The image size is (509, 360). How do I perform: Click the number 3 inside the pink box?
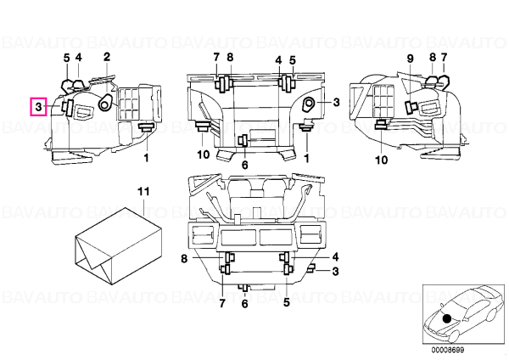[x=39, y=107]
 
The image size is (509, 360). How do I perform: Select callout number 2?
[x=107, y=57]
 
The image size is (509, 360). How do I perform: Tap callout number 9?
[x=411, y=59]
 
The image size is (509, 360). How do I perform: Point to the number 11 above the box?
[x=143, y=191]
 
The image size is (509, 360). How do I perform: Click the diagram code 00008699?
[x=448, y=351]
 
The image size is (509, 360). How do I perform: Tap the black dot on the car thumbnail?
[x=447, y=318]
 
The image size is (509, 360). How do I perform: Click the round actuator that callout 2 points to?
[x=105, y=103]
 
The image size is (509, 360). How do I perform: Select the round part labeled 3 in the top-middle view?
[x=309, y=105]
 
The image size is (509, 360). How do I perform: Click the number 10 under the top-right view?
[x=382, y=160]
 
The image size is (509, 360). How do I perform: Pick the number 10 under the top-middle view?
[x=204, y=155]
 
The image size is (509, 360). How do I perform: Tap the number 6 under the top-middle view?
[x=245, y=165]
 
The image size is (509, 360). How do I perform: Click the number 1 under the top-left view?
[x=147, y=158]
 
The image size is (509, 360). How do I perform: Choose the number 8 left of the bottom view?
[x=184, y=259]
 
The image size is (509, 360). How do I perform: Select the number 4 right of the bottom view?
[x=335, y=257]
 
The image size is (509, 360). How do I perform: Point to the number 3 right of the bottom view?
[x=335, y=272]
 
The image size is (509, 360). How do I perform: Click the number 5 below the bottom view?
[x=287, y=302]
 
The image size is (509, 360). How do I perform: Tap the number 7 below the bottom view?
[x=222, y=303]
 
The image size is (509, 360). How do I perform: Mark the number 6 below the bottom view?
[x=245, y=304]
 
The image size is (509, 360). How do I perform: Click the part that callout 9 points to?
[x=411, y=107]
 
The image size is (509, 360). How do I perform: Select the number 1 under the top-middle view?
[x=306, y=158]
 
